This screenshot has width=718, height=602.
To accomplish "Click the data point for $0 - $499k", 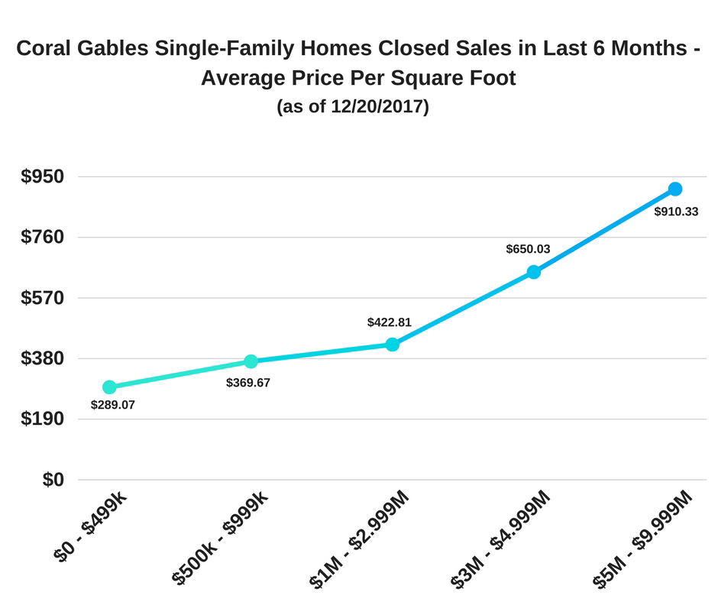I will coord(109,387).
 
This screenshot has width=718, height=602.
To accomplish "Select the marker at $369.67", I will coord(251,361).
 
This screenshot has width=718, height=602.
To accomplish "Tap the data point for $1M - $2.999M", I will coord(393,345).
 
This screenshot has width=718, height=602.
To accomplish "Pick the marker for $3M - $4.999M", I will coord(534,272).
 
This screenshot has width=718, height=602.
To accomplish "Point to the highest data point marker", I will coord(675,189).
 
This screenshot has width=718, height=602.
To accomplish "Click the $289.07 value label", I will coord(113,405).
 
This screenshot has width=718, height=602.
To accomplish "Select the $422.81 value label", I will coord(390,322).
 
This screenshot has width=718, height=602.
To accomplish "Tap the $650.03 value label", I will coord(528,249).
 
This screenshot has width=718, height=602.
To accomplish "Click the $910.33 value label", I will coord(676,212).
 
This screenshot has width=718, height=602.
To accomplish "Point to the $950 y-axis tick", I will coord(43,176).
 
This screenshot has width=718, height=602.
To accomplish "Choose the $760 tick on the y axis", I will coord(43,237).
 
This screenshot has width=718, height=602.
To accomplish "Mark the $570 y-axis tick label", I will coord(43,297).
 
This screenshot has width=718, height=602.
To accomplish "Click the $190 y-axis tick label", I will coord(43,419).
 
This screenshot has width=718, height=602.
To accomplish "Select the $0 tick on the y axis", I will coord(53,479).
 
